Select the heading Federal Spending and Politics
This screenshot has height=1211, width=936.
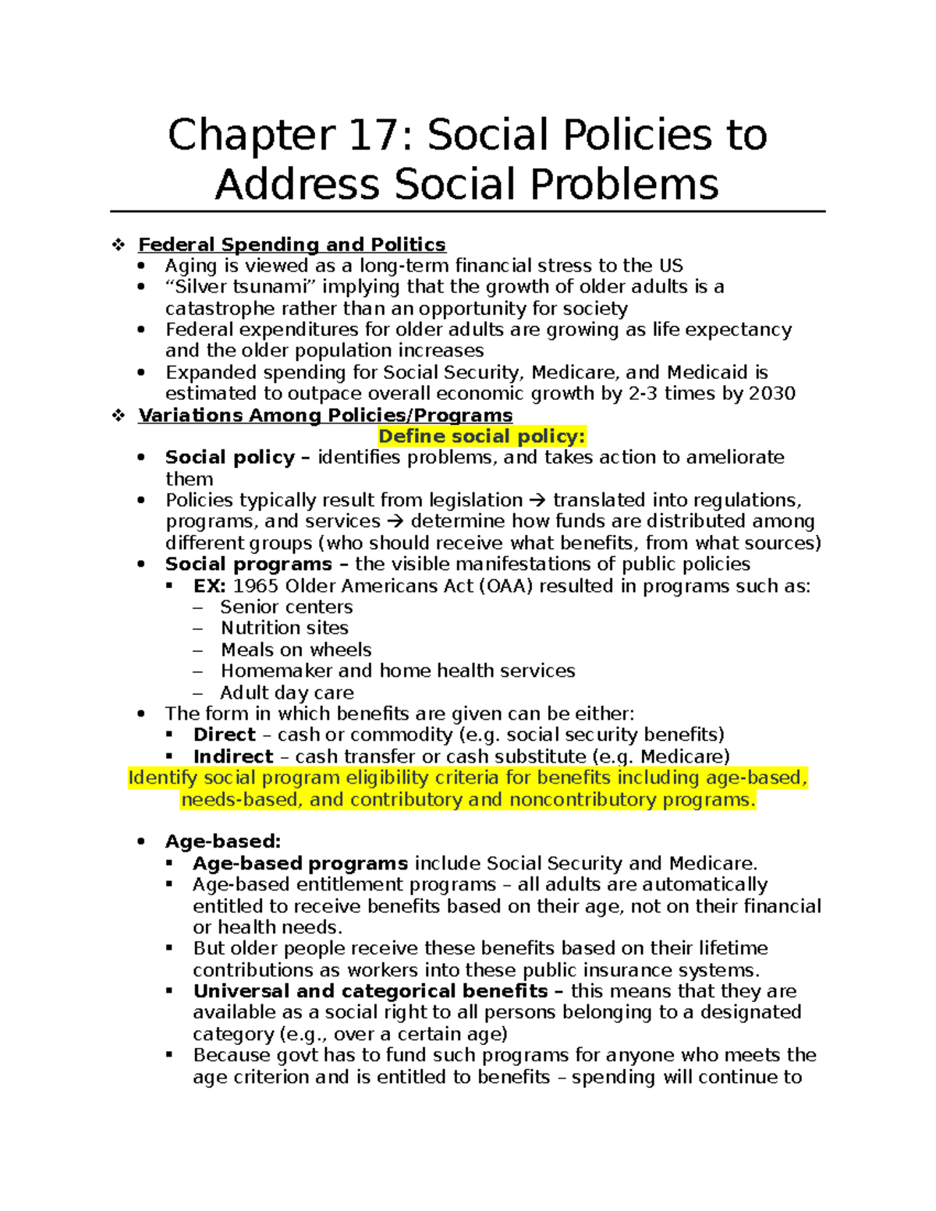(292, 245)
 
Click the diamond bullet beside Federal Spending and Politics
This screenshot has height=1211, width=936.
(119, 245)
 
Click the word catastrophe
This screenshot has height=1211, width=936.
(220, 309)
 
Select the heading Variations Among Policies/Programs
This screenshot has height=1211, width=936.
(325, 416)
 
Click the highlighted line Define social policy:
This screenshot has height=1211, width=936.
(481, 437)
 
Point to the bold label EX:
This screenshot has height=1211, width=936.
(209, 586)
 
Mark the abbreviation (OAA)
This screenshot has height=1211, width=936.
(506, 586)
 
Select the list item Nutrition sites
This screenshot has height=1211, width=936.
(284, 629)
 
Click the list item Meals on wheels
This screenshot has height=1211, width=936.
(296, 650)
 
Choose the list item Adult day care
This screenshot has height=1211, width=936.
(287, 693)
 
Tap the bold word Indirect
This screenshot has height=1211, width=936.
(233, 757)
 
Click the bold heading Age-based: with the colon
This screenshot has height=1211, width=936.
(223, 842)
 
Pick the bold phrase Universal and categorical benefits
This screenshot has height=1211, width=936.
(370, 992)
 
